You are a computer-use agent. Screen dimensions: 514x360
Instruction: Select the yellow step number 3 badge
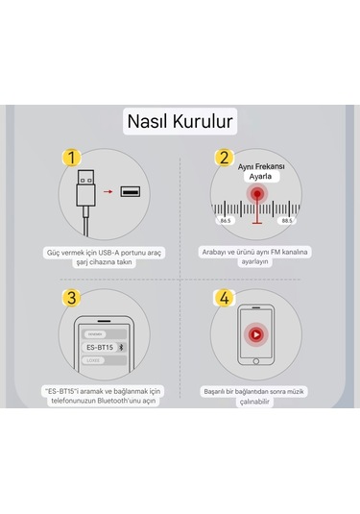point(68,297)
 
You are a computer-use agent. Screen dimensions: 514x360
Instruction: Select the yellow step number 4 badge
point(224,297)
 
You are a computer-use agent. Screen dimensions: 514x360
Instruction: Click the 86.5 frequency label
point(225,220)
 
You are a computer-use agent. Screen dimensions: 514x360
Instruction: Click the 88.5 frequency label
point(286,220)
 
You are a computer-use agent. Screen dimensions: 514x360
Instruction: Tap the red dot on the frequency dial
point(256,194)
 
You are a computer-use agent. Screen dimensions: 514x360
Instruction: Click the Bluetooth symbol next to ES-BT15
point(133,346)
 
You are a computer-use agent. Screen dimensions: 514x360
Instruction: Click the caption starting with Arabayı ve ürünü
point(255,255)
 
